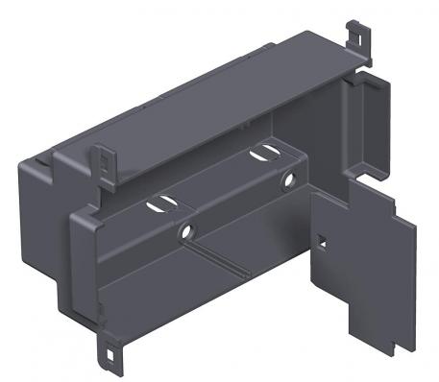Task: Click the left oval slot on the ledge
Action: pos(159,204)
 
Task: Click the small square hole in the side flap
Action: pos(324,241)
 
